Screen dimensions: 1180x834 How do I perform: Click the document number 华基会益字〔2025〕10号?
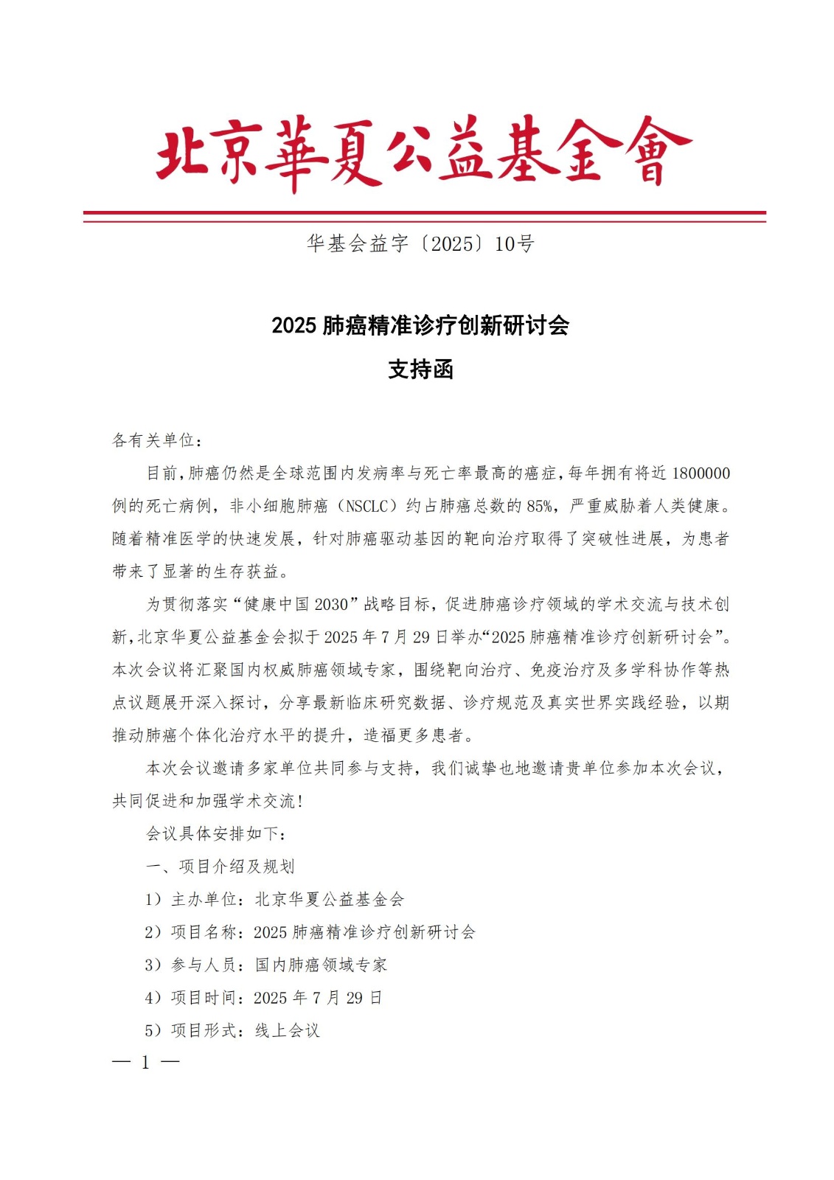pos(420,243)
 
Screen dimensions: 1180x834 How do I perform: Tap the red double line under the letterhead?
pos(424,216)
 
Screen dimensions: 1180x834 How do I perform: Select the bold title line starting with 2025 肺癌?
pos(420,325)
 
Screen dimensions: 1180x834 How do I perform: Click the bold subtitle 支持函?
pos(420,369)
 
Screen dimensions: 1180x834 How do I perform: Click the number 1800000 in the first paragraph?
pos(701,473)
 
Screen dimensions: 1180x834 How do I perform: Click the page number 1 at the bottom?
pos(145,1062)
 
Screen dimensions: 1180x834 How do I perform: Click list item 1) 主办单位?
pos(274,899)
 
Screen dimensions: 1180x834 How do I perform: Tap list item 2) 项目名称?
pos(310,931)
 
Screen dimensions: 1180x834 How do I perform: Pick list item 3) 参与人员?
pos(265,965)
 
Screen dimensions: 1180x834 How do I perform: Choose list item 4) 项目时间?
pos(263,997)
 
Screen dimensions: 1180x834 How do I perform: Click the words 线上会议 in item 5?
pos(287,1030)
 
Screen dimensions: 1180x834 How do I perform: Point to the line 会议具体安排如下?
pos(215,833)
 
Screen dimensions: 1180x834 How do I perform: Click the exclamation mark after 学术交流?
pos(301,802)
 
